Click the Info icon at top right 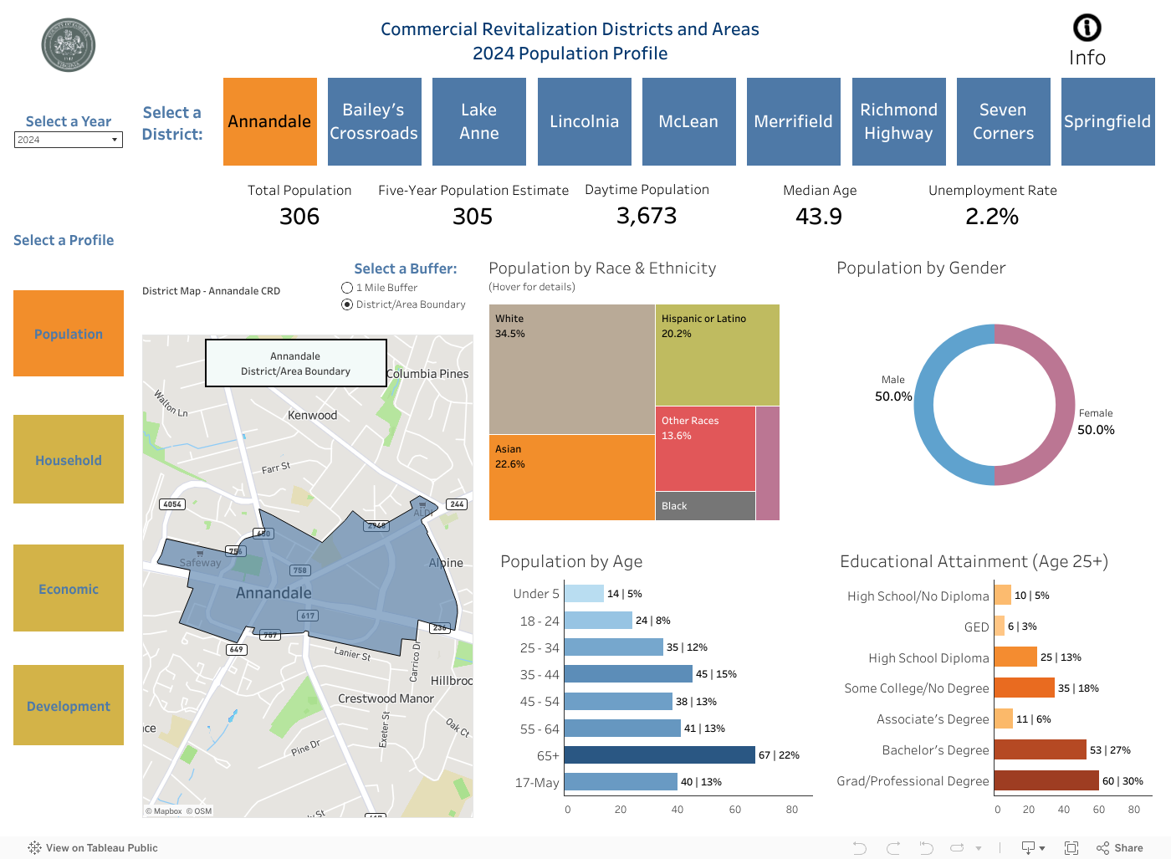pyautogui.click(x=1087, y=28)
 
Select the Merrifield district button pyautogui.click(x=793, y=121)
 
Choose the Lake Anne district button pyautogui.click(x=478, y=121)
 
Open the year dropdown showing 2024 pyautogui.click(x=69, y=140)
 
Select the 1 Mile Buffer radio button pyautogui.click(x=347, y=288)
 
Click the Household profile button pyautogui.click(x=69, y=459)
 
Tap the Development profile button pyautogui.click(x=69, y=705)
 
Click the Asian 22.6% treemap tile pyautogui.click(x=571, y=477)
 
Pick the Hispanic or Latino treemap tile pyautogui.click(x=717, y=355)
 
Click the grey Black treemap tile pyautogui.click(x=704, y=506)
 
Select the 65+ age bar pyautogui.click(x=659, y=754)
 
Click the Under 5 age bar pyautogui.click(x=583, y=594)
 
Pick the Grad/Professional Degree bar pyautogui.click(x=1046, y=780)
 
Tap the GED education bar pyautogui.click(x=999, y=626)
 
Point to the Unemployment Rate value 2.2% pyautogui.click(x=991, y=217)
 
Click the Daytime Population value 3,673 pyautogui.click(x=646, y=216)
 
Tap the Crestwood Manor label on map pyautogui.click(x=386, y=698)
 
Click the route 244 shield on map pyautogui.click(x=457, y=504)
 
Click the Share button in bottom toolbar pyautogui.click(x=1120, y=847)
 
